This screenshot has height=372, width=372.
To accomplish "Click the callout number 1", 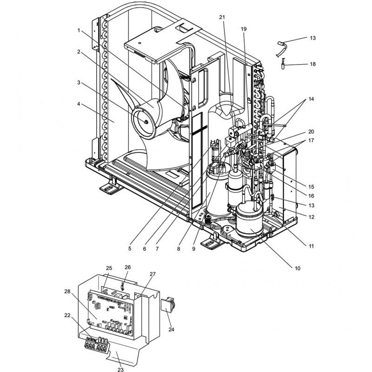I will click(x=80, y=30).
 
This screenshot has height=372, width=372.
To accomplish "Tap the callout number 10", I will click(x=297, y=268).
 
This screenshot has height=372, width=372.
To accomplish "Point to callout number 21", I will click(x=222, y=17).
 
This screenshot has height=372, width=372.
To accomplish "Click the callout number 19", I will click(x=243, y=29).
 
